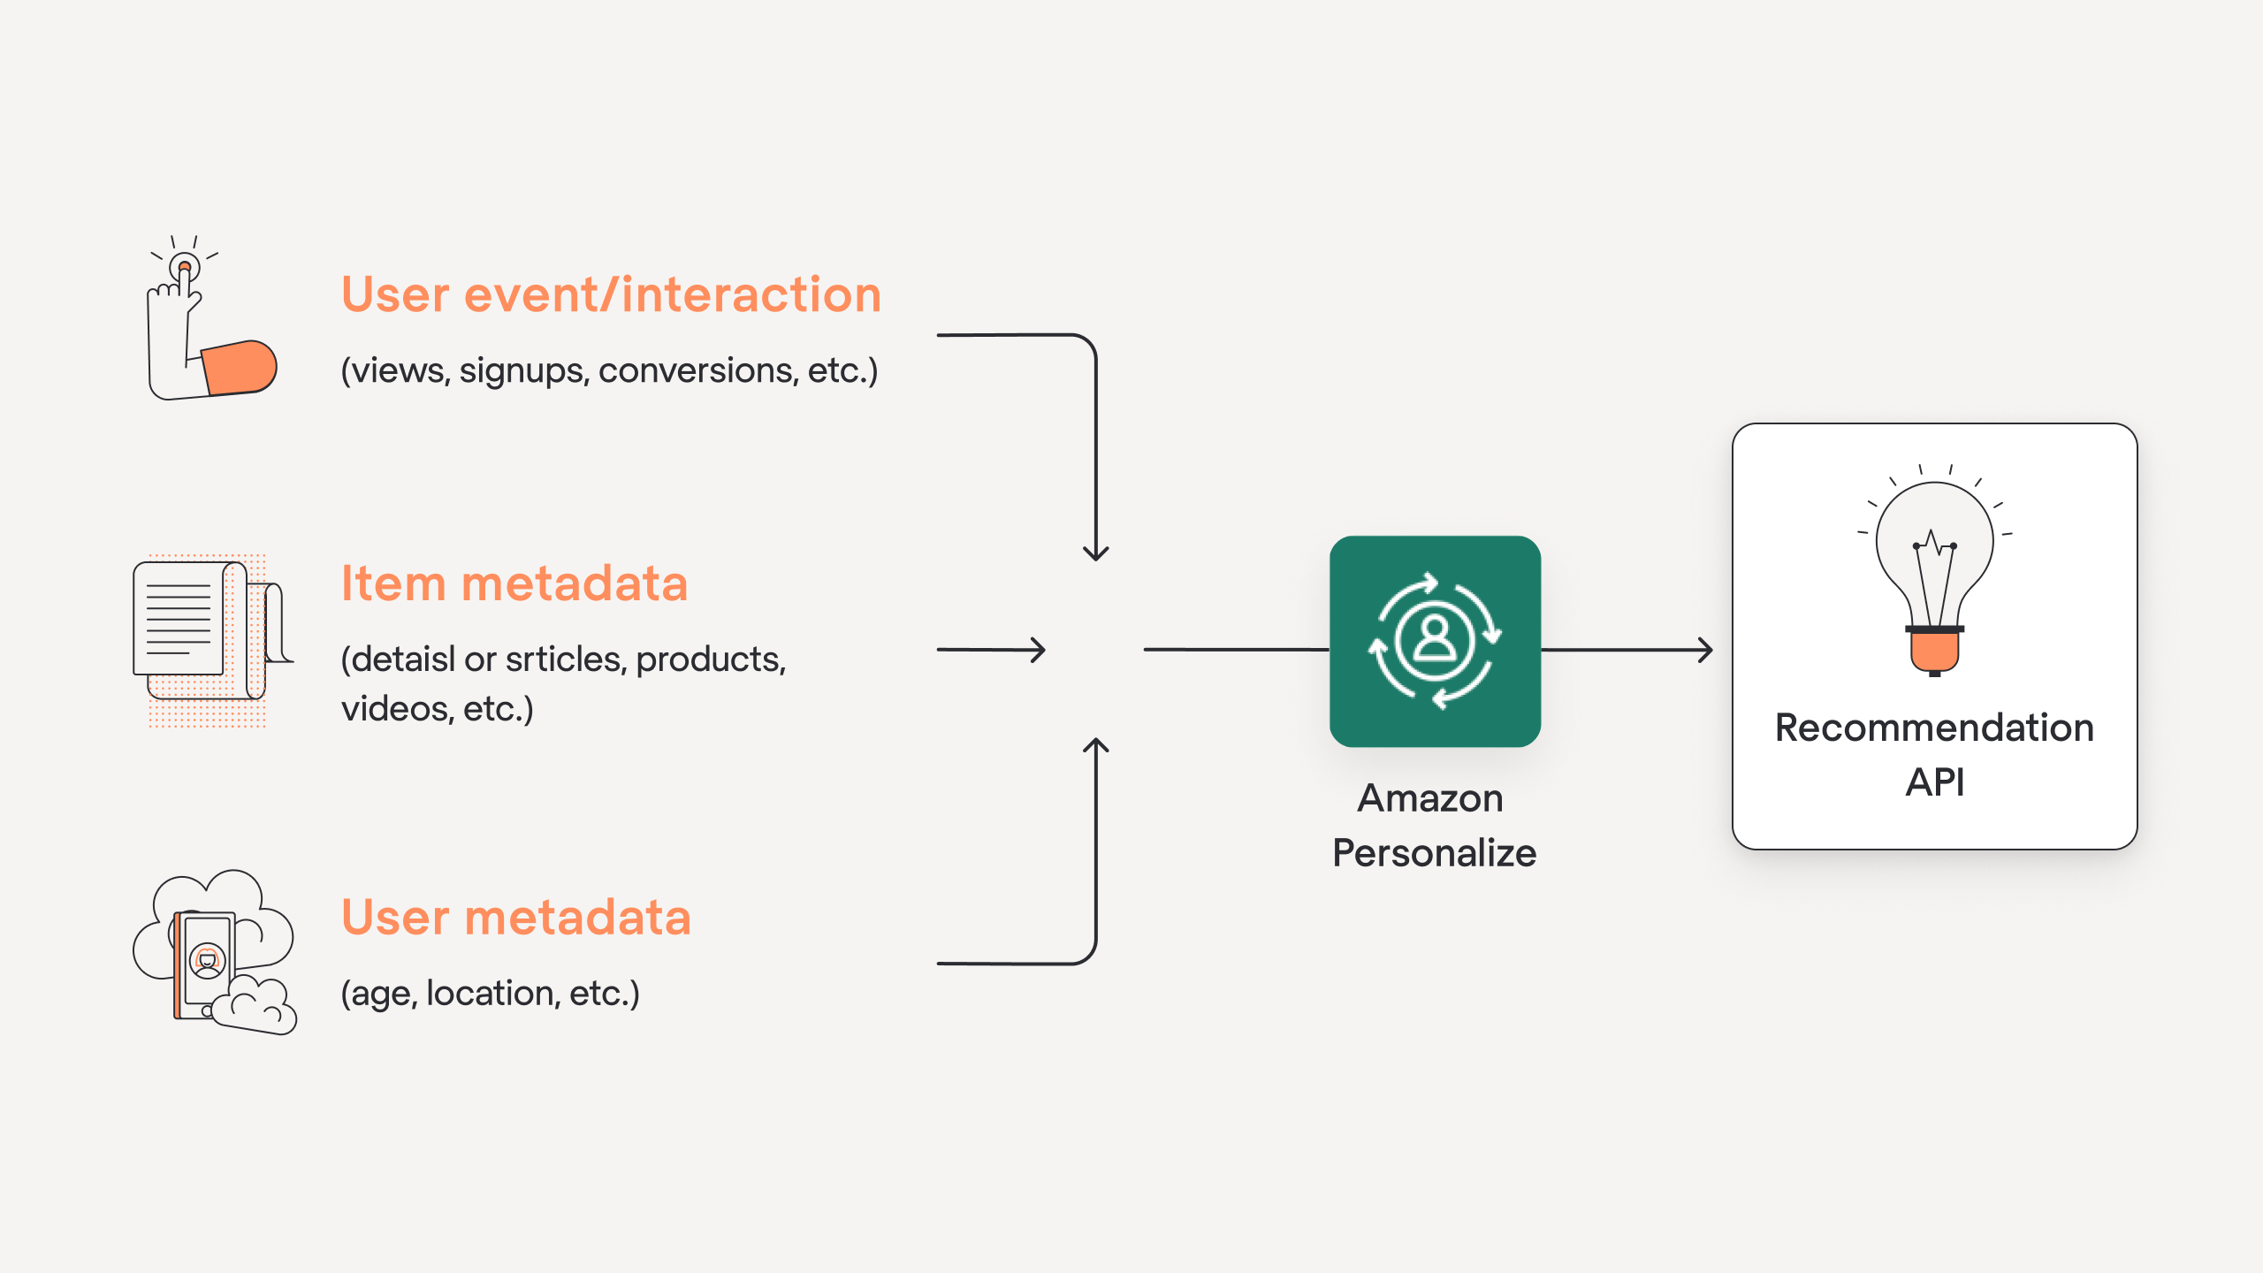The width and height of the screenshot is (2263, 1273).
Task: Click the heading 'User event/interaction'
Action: coord(611,294)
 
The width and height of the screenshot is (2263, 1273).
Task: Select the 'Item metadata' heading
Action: coord(514,583)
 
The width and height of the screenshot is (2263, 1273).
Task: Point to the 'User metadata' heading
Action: coord(516,917)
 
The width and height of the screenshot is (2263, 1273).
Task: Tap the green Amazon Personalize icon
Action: coord(1435,641)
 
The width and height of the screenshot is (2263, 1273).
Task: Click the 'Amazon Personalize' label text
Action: coord(1434,826)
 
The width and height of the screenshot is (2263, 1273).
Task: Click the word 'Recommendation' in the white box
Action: coord(1934,728)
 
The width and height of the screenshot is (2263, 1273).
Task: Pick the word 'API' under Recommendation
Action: coord(1934,782)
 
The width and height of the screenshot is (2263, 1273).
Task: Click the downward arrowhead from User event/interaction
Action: coord(1096,553)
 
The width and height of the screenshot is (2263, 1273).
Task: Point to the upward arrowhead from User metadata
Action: coord(1096,746)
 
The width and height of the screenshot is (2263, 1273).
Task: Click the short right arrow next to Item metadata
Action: coord(992,651)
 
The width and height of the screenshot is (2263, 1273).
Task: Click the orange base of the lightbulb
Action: coord(1934,652)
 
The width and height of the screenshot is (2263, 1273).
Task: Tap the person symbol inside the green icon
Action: coord(1435,638)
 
